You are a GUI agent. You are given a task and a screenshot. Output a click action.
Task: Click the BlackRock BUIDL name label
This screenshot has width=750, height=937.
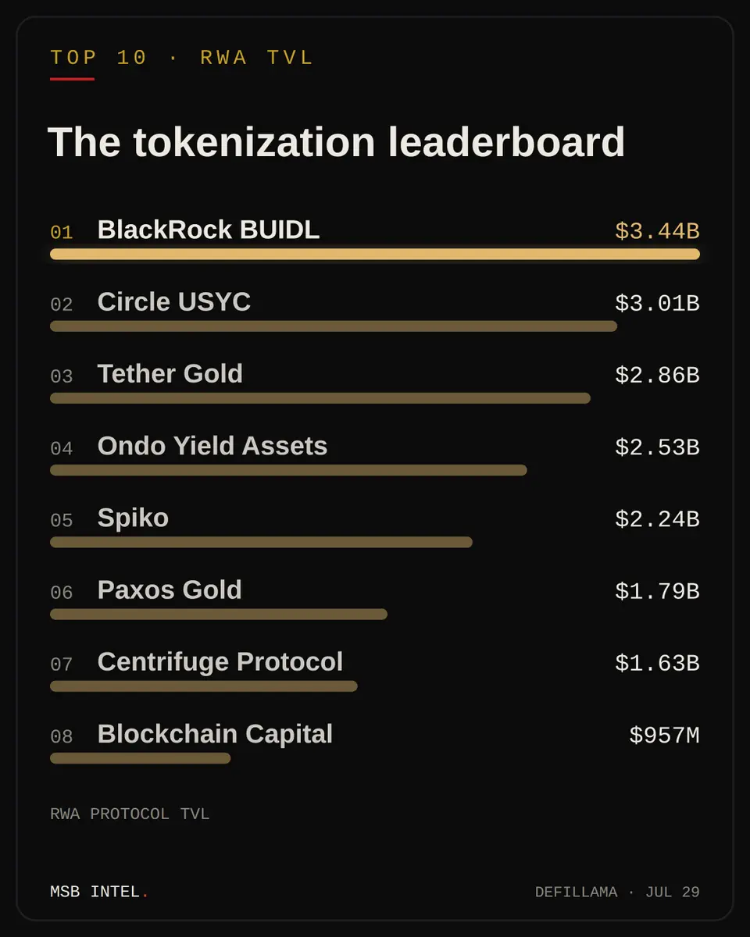pos(209,230)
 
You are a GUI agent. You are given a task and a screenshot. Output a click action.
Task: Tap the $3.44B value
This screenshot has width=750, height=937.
pos(657,231)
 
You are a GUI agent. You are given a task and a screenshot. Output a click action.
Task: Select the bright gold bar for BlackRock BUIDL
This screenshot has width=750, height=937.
pos(375,255)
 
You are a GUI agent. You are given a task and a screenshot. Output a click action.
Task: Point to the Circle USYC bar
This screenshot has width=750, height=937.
pos(334,326)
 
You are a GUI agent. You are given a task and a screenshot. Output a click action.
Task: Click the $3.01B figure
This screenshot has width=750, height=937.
pos(657,303)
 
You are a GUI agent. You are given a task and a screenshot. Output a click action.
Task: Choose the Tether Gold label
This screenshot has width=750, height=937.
pos(170,373)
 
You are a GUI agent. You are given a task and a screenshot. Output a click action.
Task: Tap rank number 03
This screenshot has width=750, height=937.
pos(62,376)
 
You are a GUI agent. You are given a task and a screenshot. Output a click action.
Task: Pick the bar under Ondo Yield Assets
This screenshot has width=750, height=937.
pos(288,470)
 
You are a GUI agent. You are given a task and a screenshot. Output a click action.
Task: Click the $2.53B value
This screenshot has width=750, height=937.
pos(657,447)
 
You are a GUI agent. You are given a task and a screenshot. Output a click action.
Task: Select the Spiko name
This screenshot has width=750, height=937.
pos(133,518)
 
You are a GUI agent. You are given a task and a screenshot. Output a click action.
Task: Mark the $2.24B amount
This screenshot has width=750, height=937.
pos(657,519)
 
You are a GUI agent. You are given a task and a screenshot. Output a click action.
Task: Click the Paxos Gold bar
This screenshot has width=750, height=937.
pos(219,615)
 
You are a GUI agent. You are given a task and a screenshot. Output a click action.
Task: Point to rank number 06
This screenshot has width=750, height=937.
pos(62,593)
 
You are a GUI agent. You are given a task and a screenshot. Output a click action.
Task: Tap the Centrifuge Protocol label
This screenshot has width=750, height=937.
pos(220,662)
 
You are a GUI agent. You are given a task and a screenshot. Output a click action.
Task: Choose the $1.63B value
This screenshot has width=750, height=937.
pos(657,663)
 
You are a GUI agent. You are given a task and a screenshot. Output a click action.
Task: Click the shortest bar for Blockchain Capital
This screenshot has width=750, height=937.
pos(141,758)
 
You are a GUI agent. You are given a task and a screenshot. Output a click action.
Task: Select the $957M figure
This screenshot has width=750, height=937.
pos(665,736)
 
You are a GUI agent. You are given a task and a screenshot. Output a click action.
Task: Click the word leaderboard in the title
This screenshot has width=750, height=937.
pos(506,142)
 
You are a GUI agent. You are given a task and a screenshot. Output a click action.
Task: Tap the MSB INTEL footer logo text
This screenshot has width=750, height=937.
pos(99,892)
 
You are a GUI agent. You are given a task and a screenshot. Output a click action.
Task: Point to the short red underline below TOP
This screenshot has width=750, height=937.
pos(72,79)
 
